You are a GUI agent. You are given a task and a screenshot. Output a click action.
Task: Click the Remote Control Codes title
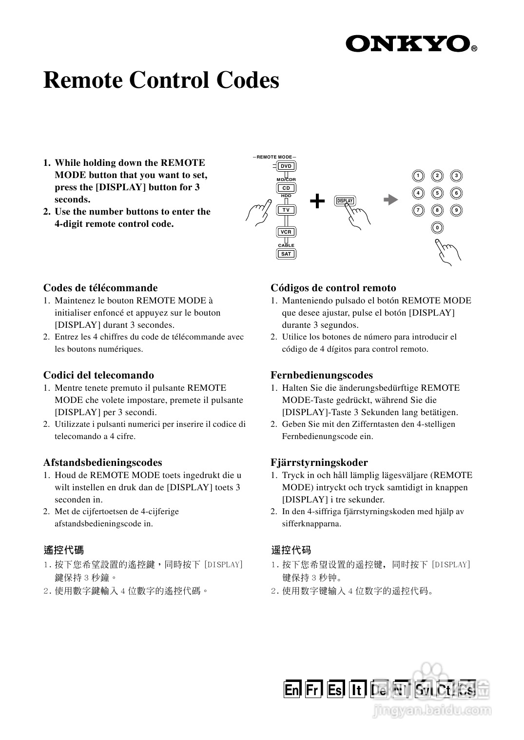tap(161, 80)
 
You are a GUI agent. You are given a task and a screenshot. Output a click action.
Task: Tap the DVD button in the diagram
tap(286, 166)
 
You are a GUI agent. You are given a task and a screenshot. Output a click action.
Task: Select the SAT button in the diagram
tap(286, 254)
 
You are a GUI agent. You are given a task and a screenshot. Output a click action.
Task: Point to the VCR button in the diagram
tap(286, 232)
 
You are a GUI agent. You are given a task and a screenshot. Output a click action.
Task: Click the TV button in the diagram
tap(286, 210)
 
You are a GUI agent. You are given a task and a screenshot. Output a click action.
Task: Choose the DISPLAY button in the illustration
tap(345, 201)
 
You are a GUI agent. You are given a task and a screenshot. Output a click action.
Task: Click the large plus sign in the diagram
tap(317, 200)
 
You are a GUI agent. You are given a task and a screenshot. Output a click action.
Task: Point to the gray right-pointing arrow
tap(390, 200)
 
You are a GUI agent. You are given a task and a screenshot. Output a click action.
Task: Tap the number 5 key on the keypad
tap(437, 193)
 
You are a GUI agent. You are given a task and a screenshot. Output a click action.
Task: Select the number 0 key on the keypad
tap(437, 228)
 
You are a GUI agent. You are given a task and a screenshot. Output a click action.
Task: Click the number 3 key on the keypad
tap(456, 176)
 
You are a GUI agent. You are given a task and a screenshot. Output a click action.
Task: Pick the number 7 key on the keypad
tap(418, 210)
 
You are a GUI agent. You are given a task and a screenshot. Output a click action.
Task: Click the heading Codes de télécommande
tap(100, 288)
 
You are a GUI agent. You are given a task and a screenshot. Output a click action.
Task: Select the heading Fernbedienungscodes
tap(322, 375)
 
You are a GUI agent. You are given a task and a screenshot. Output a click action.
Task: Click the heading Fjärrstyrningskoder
tap(319, 462)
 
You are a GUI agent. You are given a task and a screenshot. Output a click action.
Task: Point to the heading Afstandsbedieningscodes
tap(102, 462)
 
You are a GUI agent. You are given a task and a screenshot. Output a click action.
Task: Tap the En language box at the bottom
tap(292, 689)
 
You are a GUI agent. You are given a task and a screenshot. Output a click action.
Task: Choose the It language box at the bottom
tap(357, 689)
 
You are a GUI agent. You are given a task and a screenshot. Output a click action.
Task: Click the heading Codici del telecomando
tap(98, 375)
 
